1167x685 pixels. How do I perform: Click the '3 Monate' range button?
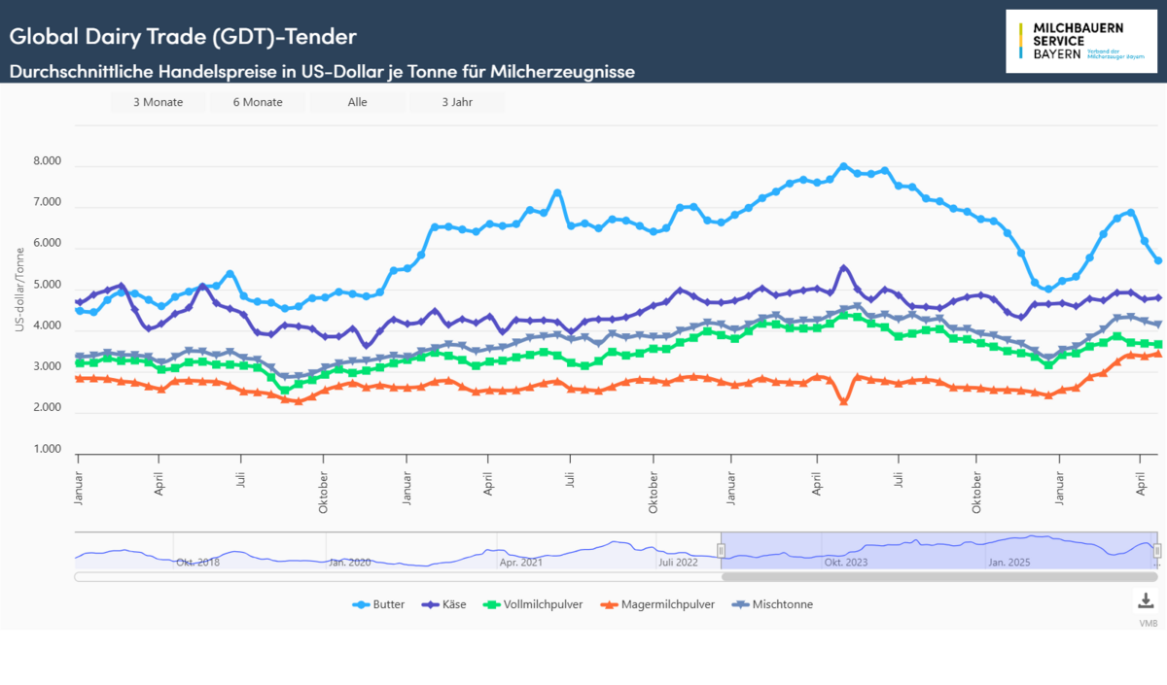pyautogui.click(x=157, y=102)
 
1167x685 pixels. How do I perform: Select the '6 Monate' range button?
pyautogui.click(x=258, y=102)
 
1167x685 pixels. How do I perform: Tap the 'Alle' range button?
pyautogui.click(x=357, y=102)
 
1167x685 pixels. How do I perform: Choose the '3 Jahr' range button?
pyautogui.click(x=456, y=102)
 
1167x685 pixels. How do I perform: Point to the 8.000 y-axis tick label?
pyautogui.click(x=47, y=162)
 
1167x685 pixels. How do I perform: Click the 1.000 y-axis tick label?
pyautogui.click(x=47, y=450)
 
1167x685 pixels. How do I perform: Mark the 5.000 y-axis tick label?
pyautogui.click(x=47, y=286)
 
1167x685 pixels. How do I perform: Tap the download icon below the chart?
pyautogui.click(x=1146, y=599)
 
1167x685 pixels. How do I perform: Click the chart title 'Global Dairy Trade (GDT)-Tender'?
pyautogui.click(x=183, y=37)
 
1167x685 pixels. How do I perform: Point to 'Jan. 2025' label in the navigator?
pyautogui.click(x=1008, y=563)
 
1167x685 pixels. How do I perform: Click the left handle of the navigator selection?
pyautogui.click(x=722, y=551)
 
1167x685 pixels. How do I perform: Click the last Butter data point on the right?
pyautogui.click(x=1157, y=260)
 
